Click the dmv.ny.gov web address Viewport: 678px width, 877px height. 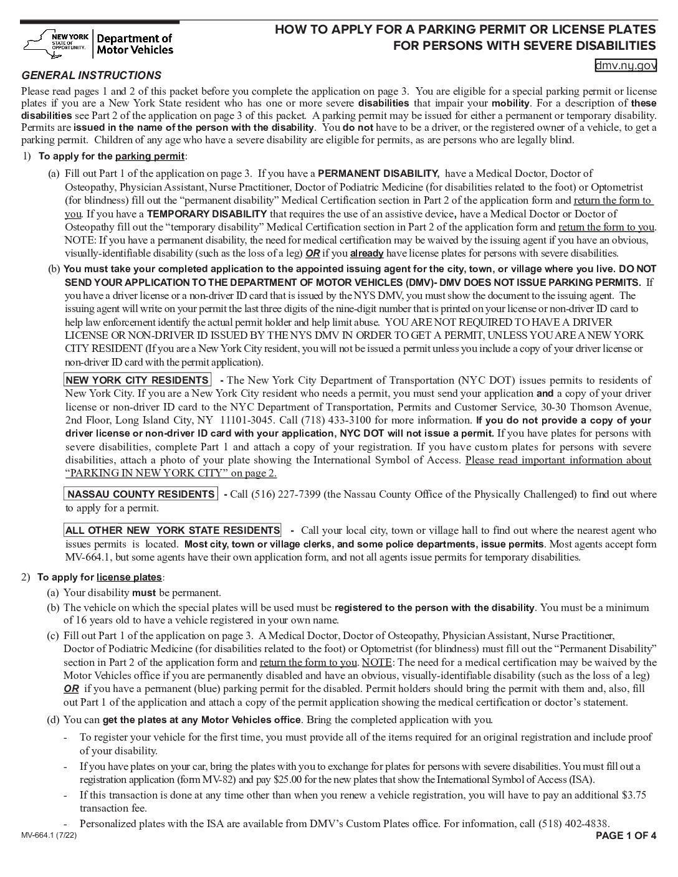tap(626, 65)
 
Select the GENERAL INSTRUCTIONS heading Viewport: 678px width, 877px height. tap(91, 75)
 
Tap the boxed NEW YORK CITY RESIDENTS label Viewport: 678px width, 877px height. tap(137, 380)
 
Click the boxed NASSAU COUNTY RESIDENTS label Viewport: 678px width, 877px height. tap(141, 494)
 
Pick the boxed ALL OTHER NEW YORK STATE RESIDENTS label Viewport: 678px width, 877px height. tap(173, 530)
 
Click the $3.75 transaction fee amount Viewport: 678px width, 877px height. tap(634, 795)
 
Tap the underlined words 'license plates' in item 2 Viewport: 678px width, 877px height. tap(129, 577)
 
